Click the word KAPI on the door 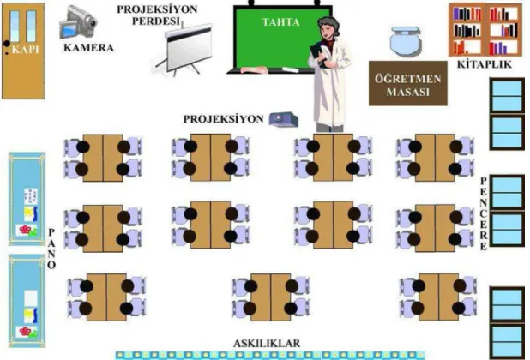click(x=26, y=50)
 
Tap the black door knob click(x=7, y=44)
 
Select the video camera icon click(x=78, y=22)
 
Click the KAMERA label click(x=88, y=48)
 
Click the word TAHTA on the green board click(x=281, y=22)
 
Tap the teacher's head click(x=328, y=27)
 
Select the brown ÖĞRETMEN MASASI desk click(x=408, y=83)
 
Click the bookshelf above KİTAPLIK click(x=485, y=30)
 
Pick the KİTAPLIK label click(x=485, y=64)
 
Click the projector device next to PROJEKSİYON click(x=283, y=119)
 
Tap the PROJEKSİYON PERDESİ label click(x=157, y=15)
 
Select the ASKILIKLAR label click(x=267, y=344)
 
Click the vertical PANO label click(x=51, y=249)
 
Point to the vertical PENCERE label click(x=484, y=213)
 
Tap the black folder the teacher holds click(x=318, y=54)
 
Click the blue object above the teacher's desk click(x=406, y=41)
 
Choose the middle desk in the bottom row click(x=270, y=297)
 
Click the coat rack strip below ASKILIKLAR click(x=270, y=355)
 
